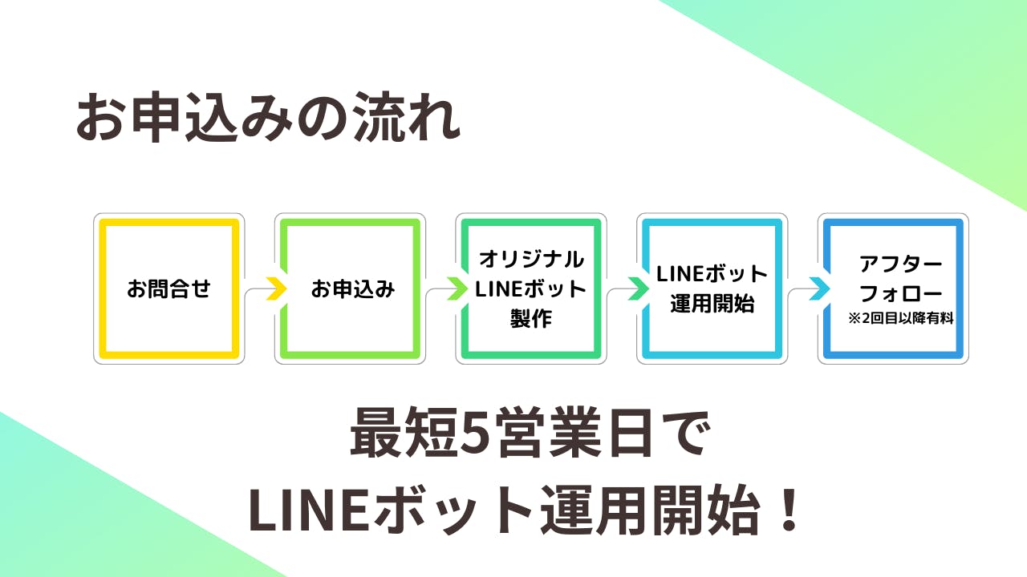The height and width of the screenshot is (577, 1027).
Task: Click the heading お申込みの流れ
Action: point(268,119)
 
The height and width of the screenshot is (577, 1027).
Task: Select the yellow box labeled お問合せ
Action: point(168,288)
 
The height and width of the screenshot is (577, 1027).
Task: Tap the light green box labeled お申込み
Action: point(350,288)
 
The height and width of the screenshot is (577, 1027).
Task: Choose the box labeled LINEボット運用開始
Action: point(712,288)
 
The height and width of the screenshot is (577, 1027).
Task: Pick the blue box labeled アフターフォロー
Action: point(893,288)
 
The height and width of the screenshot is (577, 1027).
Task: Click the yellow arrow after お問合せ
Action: point(275,288)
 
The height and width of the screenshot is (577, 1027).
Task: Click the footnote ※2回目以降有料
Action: point(900,319)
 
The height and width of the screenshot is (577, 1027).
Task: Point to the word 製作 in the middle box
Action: point(531,318)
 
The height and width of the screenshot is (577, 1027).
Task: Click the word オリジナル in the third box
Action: point(531,259)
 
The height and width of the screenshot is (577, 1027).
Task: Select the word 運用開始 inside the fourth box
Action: point(712,304)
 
